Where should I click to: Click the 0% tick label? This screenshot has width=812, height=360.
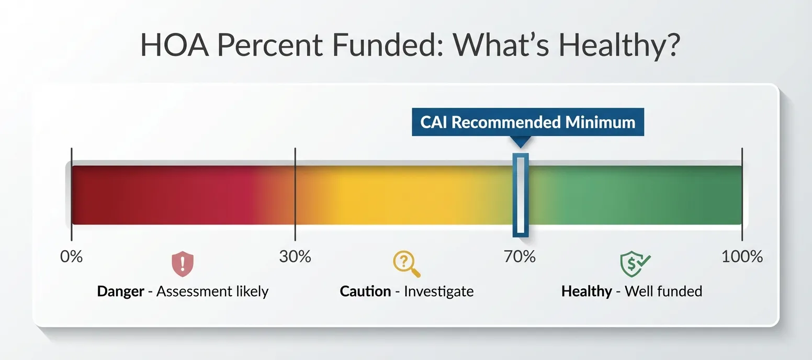coord(72,257)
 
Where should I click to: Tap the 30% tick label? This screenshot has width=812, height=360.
coord(295,257)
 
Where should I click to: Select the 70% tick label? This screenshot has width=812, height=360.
coord(520,257)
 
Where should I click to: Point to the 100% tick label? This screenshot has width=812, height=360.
coord(742,257)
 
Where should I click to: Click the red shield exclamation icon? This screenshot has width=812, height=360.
coord(183,264)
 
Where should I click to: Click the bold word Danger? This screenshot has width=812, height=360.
coord(120,291)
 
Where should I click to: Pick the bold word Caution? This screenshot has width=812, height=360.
coord(365,291)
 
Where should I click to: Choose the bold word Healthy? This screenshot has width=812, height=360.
coord(586,291)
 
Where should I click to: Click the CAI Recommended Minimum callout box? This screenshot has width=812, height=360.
coord(527,122)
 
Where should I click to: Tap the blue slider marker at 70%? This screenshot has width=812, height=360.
coord(520,194)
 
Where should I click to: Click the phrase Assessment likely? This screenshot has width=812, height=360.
coord(212,291)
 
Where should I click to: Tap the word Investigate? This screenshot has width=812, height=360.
coord(438,291)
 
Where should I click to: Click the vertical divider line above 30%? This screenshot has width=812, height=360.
coord(295,194)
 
